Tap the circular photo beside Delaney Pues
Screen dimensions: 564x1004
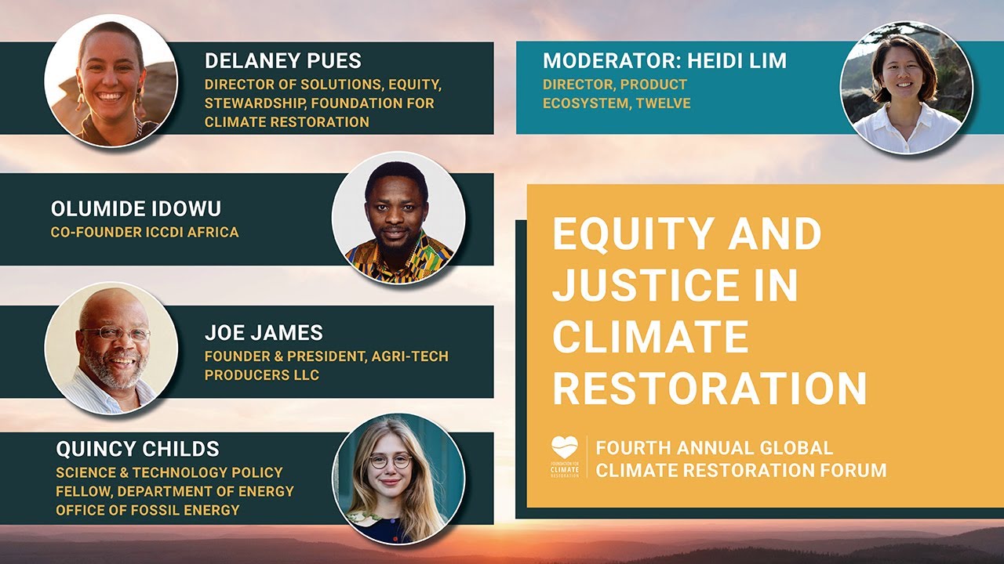[111, 81]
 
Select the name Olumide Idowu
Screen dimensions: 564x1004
[136, 208]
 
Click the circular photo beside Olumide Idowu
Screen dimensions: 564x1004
[398, 218]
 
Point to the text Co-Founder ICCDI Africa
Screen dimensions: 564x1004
[144, 232]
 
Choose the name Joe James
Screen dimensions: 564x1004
[264, 332]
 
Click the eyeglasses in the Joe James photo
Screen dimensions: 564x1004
[116, 333]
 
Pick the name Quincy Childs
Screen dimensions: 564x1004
[137, 449]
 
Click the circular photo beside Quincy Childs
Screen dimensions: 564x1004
[398, 479]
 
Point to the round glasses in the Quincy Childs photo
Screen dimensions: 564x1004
[390, 461]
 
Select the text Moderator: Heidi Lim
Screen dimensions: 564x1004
[664, 61]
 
